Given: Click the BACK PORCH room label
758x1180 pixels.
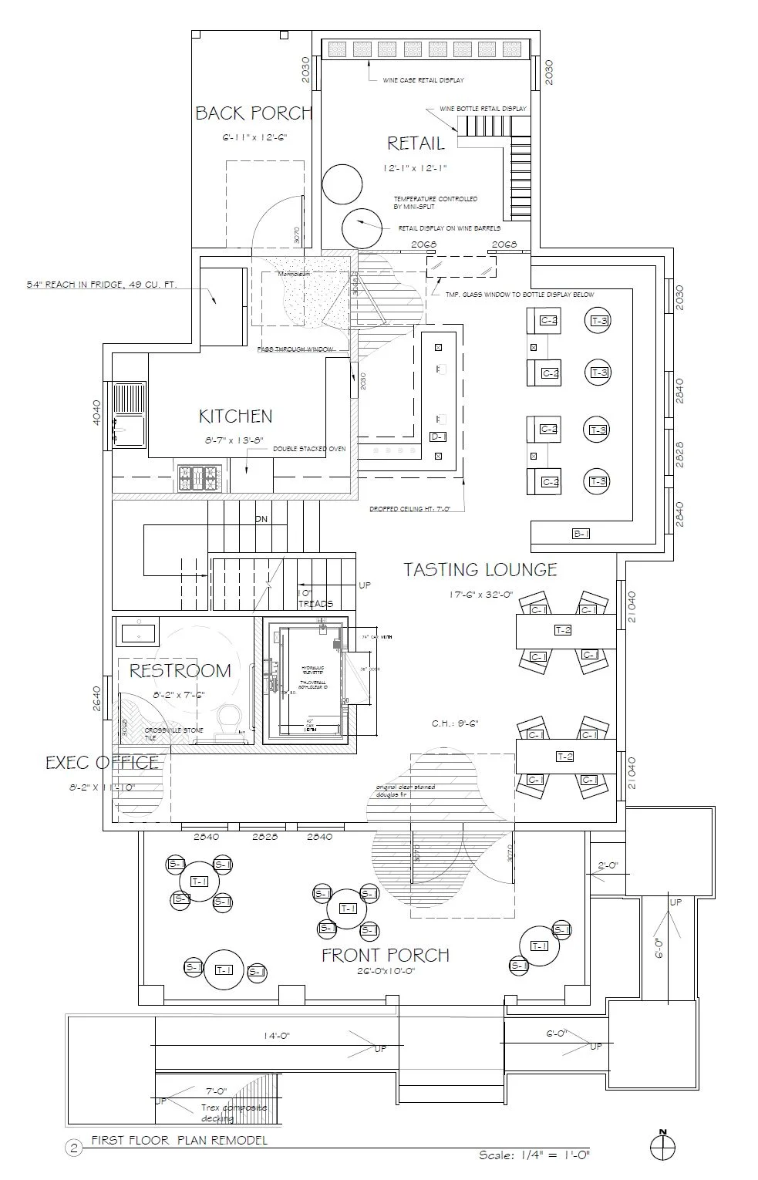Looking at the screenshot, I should pos(253,113).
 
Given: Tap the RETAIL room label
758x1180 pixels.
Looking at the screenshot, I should pos(416,143).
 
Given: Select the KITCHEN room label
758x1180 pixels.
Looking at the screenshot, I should pos(235,416).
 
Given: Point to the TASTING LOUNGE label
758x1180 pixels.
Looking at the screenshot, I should pos(480,570).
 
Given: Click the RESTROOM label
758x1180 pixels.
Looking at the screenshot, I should pos(180,671).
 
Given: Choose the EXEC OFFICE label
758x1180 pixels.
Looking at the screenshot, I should pos(102,763).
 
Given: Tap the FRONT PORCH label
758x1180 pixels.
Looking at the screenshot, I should pos(385,956).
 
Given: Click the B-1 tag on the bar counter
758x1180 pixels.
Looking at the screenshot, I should pos(581,533).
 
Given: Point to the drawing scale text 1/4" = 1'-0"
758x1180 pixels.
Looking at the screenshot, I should pos(534,1155).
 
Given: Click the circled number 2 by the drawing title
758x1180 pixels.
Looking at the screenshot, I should pos(75,1148).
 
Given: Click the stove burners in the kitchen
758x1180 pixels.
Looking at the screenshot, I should pos(200,478).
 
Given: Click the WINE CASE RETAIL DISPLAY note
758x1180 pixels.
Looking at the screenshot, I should pos(423,80).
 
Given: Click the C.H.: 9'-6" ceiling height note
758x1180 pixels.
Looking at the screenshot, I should pos(456,723).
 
